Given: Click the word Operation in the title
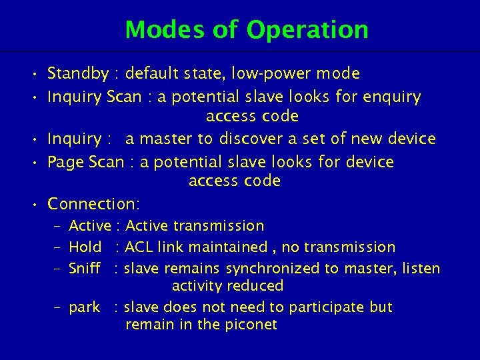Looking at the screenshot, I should [x=307, y=30].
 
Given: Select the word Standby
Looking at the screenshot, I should [x=79, y=73].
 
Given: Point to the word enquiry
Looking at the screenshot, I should [x=392, y=97].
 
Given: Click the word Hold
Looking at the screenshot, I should [x=85, y=247].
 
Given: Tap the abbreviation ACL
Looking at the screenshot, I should [x=139, y=247].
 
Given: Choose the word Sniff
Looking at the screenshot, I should [x=85, y=269].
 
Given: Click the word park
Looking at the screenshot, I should [x=85, y=307].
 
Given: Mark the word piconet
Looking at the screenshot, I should [x=250, y=325].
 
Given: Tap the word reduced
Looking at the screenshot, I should [x=257, y=287].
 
